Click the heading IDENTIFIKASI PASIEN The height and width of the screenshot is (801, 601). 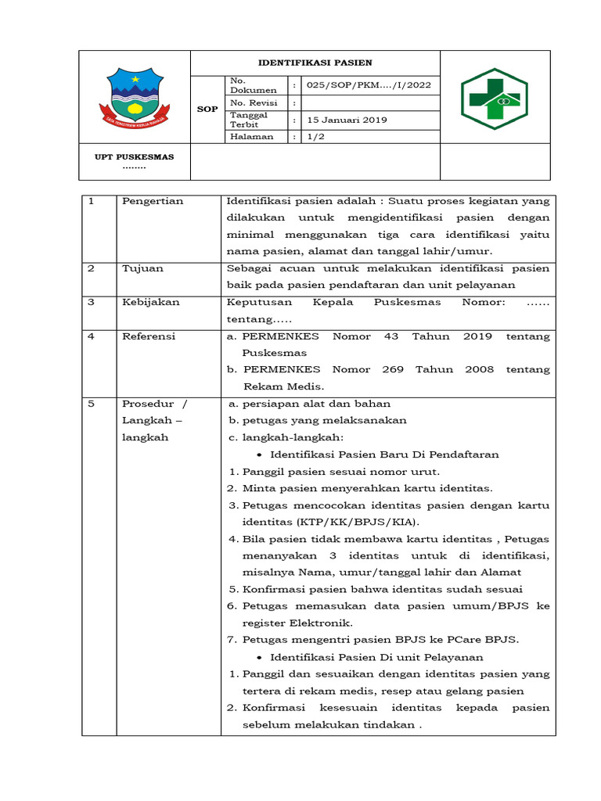coord(315,63)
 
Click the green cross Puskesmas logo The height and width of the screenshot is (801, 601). coord(494,98)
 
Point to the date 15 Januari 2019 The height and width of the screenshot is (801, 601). coord(347,120)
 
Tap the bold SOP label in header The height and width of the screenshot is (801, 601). coord(207,110)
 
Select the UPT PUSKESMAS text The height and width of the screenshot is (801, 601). coord(135,156)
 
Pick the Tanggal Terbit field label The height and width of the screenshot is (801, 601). coord(248,120)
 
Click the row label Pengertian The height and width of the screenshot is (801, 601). coord(153,201)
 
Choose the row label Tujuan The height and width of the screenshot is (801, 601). coord(142,268)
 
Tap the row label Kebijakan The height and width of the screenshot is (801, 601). coord(150,302)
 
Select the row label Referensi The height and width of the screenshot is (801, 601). coord(149,336)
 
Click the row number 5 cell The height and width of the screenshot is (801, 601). coord(91,404)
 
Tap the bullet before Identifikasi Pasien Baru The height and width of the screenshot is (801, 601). coord(259,454)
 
